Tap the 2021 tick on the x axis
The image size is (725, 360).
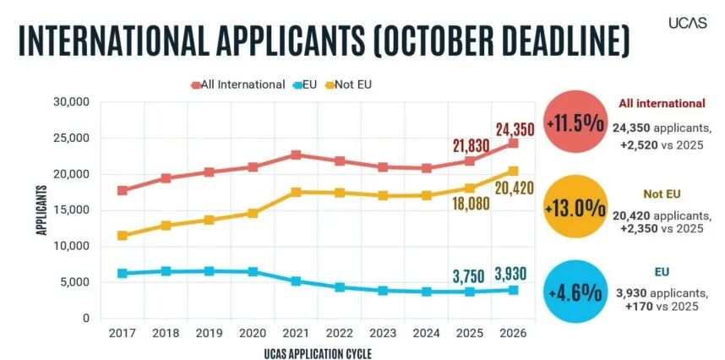point(296,333)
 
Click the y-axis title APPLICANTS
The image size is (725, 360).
point(41,210)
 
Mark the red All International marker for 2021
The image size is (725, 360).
point(296,155)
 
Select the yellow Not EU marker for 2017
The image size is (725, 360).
point(123,235)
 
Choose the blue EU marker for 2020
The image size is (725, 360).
point(253,271)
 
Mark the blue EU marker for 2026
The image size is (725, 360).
point(512,290)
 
